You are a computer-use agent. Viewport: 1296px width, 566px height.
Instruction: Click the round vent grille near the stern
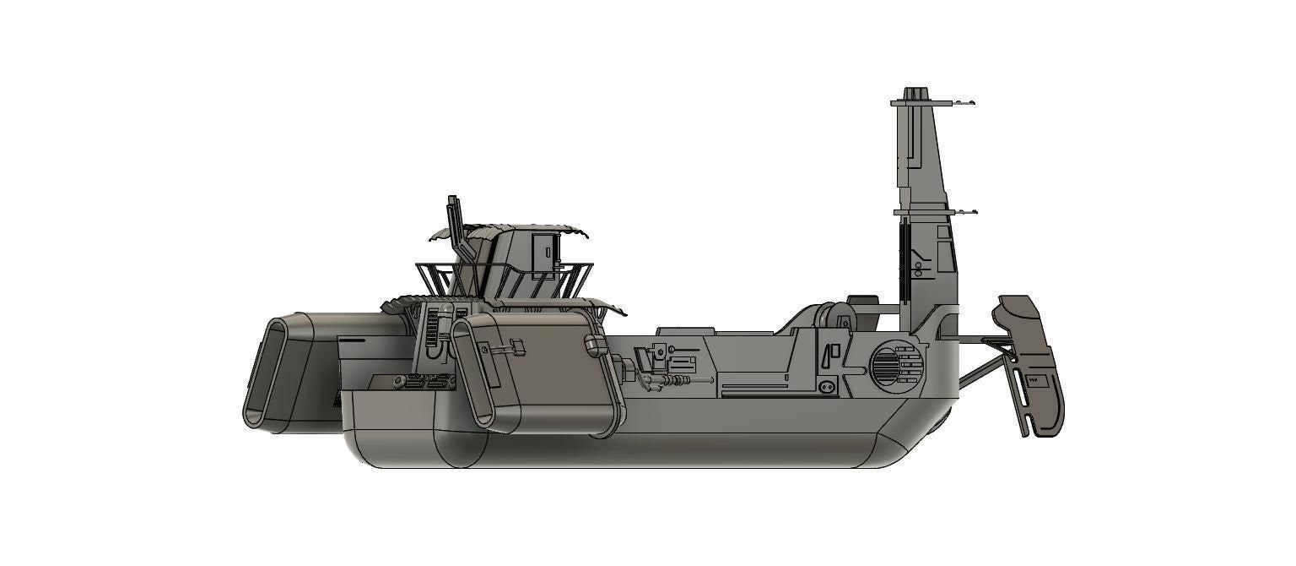click(885, 367)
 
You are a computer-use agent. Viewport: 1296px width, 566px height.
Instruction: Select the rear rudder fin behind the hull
click(1031, 363)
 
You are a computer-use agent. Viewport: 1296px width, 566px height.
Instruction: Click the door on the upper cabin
click(545, 250)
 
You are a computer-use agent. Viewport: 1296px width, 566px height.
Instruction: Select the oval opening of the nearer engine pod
click(473, 372)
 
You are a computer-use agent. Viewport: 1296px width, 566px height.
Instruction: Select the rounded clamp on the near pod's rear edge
click(594, 344)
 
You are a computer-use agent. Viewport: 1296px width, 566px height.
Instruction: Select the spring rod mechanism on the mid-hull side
click(671, 382)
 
